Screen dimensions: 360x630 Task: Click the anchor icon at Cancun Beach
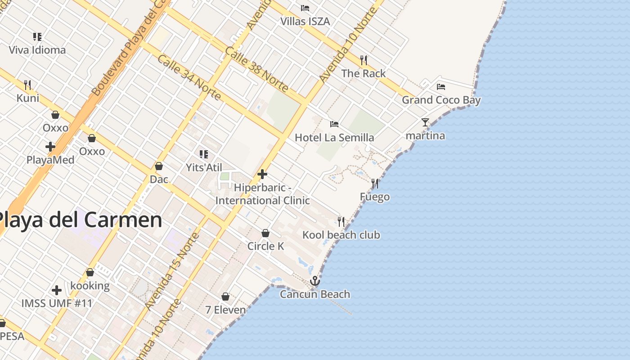(x=315, y=281)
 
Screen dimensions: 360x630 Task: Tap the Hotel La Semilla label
(x=334, y=137)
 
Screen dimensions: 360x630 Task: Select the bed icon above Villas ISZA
(x=305, y=8)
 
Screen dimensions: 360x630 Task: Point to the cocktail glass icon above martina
(x=425, y=122)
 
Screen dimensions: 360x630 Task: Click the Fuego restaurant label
(x=375, y=197)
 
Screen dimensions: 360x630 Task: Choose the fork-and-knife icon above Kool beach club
(x=341, y=221)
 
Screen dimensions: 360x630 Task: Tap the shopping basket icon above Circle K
(x=265, y=233)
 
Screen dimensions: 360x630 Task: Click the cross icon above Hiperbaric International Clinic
(x=262, y=174)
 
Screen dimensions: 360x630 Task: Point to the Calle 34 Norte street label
(x=189, y=77)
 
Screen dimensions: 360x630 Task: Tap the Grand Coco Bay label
(x=441, y=100)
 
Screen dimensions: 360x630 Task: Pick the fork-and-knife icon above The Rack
(x=364, y=60)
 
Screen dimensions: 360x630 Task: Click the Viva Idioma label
(x=37, y=50)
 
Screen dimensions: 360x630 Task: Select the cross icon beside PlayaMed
(x=50, y=146)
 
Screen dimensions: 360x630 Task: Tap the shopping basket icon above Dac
(x=159, y=166)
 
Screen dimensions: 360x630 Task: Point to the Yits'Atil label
(x=204, y=167)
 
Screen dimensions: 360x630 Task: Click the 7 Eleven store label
(x=225, y=310)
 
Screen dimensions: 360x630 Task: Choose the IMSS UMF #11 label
(x=57, y=303)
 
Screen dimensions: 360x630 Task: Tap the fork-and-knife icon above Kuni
(x=27, y=85)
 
